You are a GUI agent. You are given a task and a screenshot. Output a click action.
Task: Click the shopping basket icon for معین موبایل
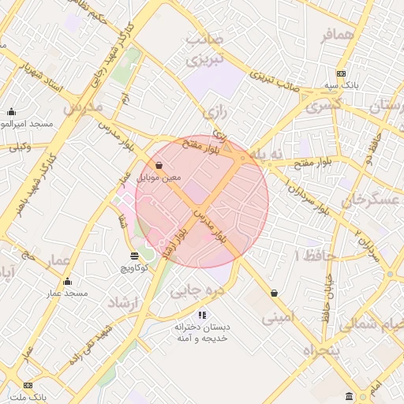point(160,166)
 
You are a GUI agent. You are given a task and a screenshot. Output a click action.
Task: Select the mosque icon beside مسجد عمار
point(67,282)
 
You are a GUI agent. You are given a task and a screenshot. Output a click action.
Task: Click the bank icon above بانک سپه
point(341,73)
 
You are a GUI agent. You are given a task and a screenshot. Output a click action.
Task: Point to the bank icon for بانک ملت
point(29,385)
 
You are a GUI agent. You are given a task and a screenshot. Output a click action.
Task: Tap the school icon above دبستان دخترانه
point(202,315)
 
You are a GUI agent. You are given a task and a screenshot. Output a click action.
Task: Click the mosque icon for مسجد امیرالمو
point(11,112)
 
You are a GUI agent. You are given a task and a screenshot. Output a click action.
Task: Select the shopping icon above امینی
point(274,293)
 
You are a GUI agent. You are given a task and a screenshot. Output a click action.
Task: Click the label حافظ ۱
point(315,256)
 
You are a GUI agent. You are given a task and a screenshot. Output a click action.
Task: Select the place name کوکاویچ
point(134,268)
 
